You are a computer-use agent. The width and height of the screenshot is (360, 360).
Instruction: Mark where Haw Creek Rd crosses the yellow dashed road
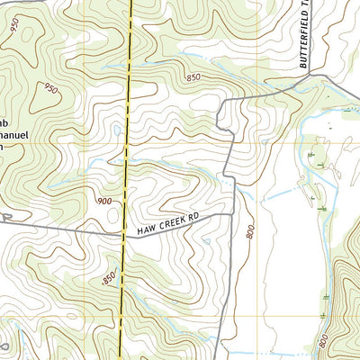122,236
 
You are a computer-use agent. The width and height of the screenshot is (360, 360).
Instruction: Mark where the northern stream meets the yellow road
129,68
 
